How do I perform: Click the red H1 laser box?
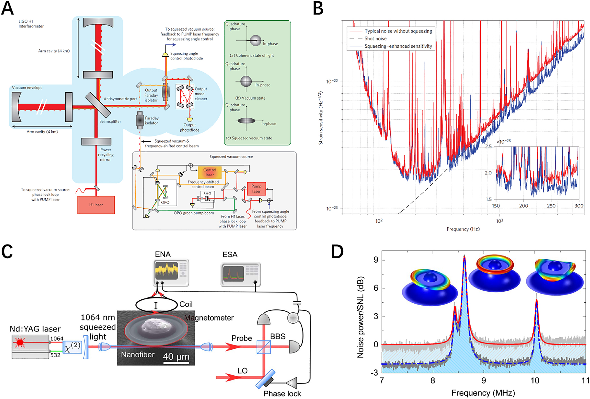[96, 205]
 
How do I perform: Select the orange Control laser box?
[209, 172]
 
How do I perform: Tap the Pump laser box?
[256, 189]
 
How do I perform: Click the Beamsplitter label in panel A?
[110, 121]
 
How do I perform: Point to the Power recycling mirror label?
[105, 155]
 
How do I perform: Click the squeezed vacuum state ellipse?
[246, 121]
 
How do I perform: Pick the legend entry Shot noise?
[375, 38]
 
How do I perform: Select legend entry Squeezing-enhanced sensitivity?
[398, 46]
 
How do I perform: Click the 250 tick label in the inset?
[551, 206]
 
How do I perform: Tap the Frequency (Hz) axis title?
[463, 229]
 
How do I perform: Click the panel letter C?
[7, 252]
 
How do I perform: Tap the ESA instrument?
[240, 274]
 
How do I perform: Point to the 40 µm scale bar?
[176, 363]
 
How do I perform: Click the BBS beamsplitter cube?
[263, 347]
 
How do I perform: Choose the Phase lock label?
[282, 394]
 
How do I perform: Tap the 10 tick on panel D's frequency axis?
[535, 381]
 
